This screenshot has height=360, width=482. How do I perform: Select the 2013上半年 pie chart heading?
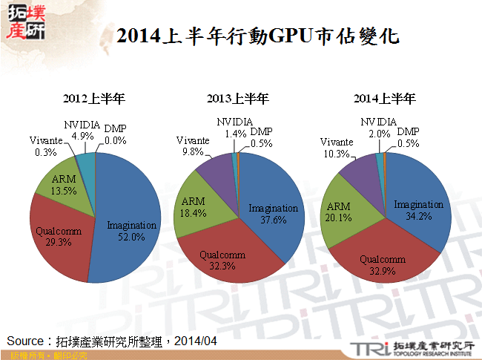(x=237, y=99)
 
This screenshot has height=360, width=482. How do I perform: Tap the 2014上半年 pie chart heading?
(x=384, y=99)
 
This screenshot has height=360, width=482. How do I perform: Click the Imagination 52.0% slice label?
(x=132, y=230)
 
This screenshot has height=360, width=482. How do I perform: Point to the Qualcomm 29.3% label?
(x=59, y=237)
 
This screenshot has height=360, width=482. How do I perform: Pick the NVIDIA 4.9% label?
(x=82, y=130)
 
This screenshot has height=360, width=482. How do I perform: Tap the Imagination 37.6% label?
(x=273, y=214)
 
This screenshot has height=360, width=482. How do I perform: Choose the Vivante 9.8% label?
(x=193, y=145)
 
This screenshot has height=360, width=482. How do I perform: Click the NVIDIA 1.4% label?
(x=235, y=127)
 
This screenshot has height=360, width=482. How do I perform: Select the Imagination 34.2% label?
(x=418, y=210)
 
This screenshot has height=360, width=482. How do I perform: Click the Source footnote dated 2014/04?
(x=112, y=340)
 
